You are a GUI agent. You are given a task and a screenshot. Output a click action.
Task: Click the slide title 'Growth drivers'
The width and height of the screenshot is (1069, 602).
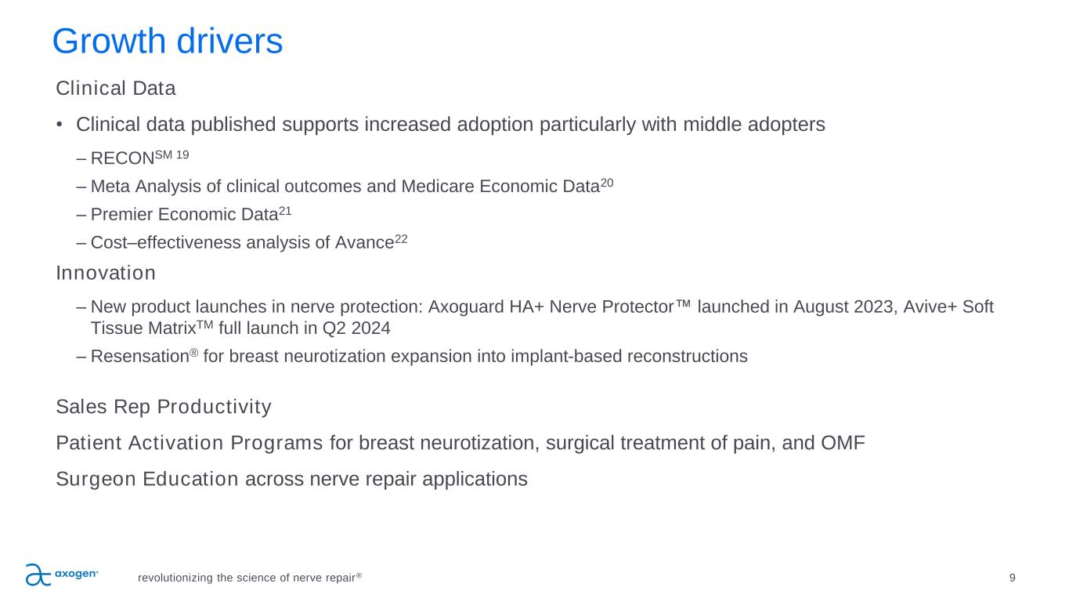pos(168,42)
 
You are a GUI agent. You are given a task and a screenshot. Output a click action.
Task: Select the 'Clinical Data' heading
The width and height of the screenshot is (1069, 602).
pos(116,89)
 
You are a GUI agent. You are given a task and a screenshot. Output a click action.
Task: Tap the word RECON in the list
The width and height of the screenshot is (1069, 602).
pos(123,158)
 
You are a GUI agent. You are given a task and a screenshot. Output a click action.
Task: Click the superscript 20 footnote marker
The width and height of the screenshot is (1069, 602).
pos(607,183)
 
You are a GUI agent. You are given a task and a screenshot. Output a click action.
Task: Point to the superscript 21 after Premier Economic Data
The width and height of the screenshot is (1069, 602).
pos(285,211)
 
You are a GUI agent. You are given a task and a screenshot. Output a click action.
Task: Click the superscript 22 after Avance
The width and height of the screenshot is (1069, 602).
pos(401,239)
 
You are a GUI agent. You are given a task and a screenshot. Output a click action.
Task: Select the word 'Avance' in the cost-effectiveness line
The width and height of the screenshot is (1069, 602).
pos(365,243)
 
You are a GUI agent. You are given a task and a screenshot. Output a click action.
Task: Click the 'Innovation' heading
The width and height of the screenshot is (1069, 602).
pos(106,274)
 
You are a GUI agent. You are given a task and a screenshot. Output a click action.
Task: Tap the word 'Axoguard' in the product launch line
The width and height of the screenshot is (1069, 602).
pos(466,307)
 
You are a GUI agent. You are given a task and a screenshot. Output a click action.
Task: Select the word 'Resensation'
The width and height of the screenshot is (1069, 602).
pos(140,357)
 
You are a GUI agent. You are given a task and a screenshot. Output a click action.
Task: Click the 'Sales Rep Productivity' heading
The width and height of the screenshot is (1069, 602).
pos(164,407)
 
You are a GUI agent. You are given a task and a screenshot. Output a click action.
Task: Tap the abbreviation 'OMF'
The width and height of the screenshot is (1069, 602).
pos(843,443)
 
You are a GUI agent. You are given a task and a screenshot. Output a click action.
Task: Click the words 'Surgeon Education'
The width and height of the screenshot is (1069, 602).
pos(147,479)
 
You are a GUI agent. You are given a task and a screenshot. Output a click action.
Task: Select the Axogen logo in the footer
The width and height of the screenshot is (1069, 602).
pos(62,575)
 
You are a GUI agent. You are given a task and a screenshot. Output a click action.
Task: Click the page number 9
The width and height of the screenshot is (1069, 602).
pos(1012,578)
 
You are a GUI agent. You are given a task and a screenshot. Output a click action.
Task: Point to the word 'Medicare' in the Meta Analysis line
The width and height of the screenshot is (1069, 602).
pos(438,187)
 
